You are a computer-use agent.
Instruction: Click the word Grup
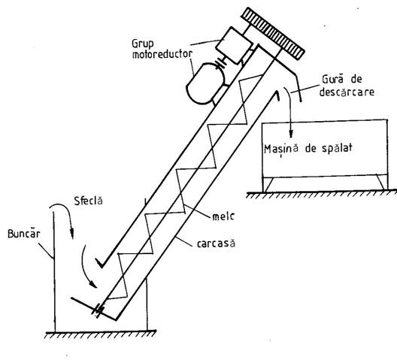pos(143,44)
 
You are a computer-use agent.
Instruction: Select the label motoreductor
pos(162,54)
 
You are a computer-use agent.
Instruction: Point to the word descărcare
pos(347,92)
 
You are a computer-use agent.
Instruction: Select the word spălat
pos(337,148)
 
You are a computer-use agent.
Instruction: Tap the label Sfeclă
pos(89,200)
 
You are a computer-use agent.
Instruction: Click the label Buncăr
pos(24,233)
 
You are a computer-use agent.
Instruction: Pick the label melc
pos(223,216)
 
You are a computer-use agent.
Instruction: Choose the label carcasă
pos(216,244)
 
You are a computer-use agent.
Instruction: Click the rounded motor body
pos(205,83)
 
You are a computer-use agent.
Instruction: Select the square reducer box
pos(234,46)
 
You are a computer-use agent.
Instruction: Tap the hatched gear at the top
pos(272,34)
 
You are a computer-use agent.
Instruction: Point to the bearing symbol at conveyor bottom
pos(98,311)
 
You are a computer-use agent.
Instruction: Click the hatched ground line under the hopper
pos(101,334)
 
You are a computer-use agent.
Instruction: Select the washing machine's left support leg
pos(268,184)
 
